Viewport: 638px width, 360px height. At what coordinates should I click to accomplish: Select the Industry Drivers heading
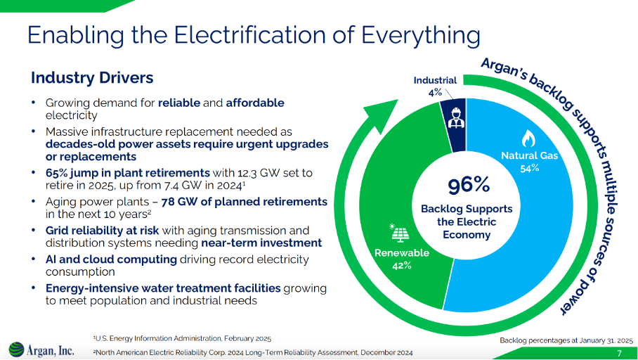[x=92, y=77]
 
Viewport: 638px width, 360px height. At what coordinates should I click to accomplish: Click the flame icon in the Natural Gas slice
[x=528, y=138]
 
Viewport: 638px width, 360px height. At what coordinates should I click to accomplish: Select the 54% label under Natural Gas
[x=529, y=168]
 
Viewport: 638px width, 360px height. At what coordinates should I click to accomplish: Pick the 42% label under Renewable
[x=402, y=265]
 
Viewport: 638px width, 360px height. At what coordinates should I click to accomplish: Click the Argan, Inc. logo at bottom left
[x=41, y=349]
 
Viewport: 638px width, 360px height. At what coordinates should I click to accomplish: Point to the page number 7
[x=619, y=352]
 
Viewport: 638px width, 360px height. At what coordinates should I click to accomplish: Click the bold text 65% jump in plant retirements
[x=128, y=172]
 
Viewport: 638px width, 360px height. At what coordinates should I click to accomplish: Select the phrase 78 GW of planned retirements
[x=245, y=201]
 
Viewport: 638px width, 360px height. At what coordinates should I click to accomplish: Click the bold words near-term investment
[x=261, y=243]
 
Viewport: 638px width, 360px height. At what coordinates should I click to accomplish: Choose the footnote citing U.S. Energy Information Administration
[x=182, y=338]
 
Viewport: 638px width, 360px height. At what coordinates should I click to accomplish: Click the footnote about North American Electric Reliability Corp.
[x=253, y=352]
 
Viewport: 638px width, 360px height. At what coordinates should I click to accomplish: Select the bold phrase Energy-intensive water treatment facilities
[x=163, y=288]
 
